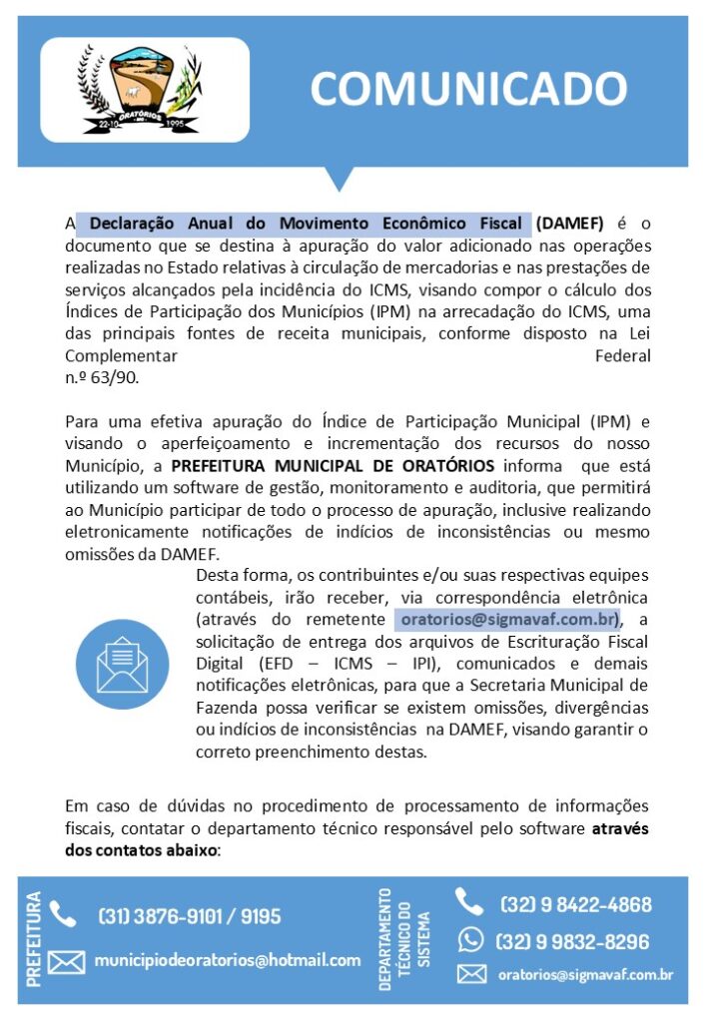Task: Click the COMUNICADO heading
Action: pos(467,89)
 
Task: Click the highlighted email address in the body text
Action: pos(508,620)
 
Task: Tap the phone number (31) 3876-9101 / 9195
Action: pos(190,916)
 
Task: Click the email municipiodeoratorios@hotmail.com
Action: pos(228,960)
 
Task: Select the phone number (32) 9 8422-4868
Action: pos(575,905)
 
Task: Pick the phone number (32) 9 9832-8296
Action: pos(572,941)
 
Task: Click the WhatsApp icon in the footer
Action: pos(470,940)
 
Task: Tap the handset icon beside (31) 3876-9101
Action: pos(63,914)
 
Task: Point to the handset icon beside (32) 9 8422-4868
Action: pos(469,902)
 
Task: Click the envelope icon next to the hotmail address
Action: pos(66,962)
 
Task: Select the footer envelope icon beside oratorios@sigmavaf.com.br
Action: pos(471,974)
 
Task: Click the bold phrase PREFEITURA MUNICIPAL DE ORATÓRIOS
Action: pos(333,466)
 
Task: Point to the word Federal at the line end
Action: pos(622,356)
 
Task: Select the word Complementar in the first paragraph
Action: pos(121,356)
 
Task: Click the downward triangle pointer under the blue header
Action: pos(341,178)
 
